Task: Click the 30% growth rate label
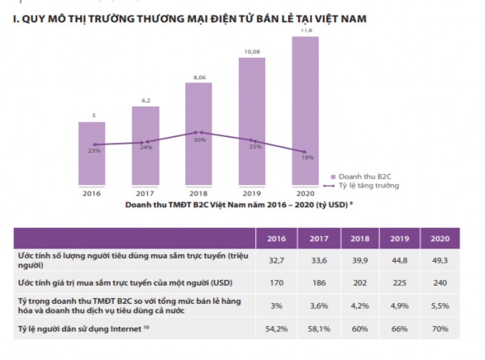198,140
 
